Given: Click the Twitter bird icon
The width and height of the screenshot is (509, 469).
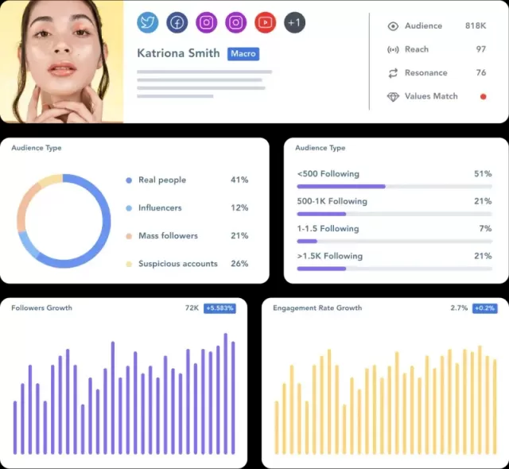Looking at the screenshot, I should pos(148,22).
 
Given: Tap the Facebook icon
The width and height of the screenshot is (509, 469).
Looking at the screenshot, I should pos(177,22).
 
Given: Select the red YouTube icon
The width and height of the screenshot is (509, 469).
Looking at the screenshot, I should pos(265,22).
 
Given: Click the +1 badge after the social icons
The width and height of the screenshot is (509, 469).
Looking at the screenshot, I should pos(294,22).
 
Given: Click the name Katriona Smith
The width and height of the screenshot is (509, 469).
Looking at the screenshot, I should pos(178,53).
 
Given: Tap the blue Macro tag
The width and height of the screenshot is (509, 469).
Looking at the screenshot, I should pos(243,53).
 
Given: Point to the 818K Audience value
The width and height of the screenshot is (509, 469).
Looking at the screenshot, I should pos(476,25).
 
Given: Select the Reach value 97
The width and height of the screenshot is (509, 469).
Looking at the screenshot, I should pos(480,49).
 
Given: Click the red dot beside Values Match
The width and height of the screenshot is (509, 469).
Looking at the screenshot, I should pos(483,96).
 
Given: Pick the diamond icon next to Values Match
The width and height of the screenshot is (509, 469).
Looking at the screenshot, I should pos(393,96).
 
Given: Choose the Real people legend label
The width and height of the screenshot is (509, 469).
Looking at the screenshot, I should pos(162,180).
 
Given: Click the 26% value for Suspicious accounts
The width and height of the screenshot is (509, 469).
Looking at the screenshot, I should pos(239,263).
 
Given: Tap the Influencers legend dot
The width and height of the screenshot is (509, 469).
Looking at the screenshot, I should pos(129,208).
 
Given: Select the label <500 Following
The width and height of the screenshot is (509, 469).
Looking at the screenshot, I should pos(328,173).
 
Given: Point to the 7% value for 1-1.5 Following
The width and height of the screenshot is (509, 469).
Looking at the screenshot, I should pos(485,228).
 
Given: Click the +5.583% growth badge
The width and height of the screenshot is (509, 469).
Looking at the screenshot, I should pos(220,308).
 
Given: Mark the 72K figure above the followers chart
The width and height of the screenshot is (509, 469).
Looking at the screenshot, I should pos(192,308).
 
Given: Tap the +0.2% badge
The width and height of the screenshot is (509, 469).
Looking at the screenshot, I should pos(485,308).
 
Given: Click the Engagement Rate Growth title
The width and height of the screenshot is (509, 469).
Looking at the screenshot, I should pos(317,308).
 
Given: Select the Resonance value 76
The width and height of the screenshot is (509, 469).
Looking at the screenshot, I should pos(480,72).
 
